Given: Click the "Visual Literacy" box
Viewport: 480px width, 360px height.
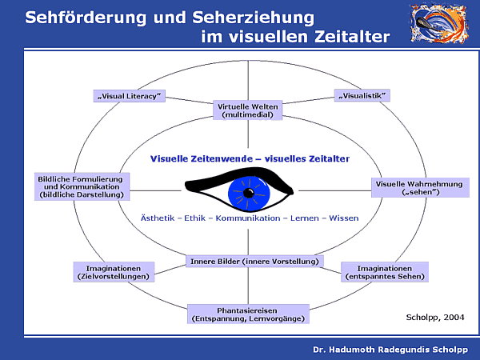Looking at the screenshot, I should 129,96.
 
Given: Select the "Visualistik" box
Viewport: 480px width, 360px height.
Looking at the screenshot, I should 362,96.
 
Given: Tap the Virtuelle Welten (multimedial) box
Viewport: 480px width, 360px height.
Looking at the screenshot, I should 248,110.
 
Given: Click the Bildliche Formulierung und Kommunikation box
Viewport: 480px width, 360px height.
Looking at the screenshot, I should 81,186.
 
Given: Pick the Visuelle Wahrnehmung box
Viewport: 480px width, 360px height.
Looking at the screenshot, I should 419,188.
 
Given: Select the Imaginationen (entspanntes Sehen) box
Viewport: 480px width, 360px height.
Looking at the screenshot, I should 386,272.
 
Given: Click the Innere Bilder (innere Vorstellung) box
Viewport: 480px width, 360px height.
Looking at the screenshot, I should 254,262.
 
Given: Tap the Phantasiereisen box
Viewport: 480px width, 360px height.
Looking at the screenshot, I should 248,314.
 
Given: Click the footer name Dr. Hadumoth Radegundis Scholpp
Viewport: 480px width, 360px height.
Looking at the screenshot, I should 390,350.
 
